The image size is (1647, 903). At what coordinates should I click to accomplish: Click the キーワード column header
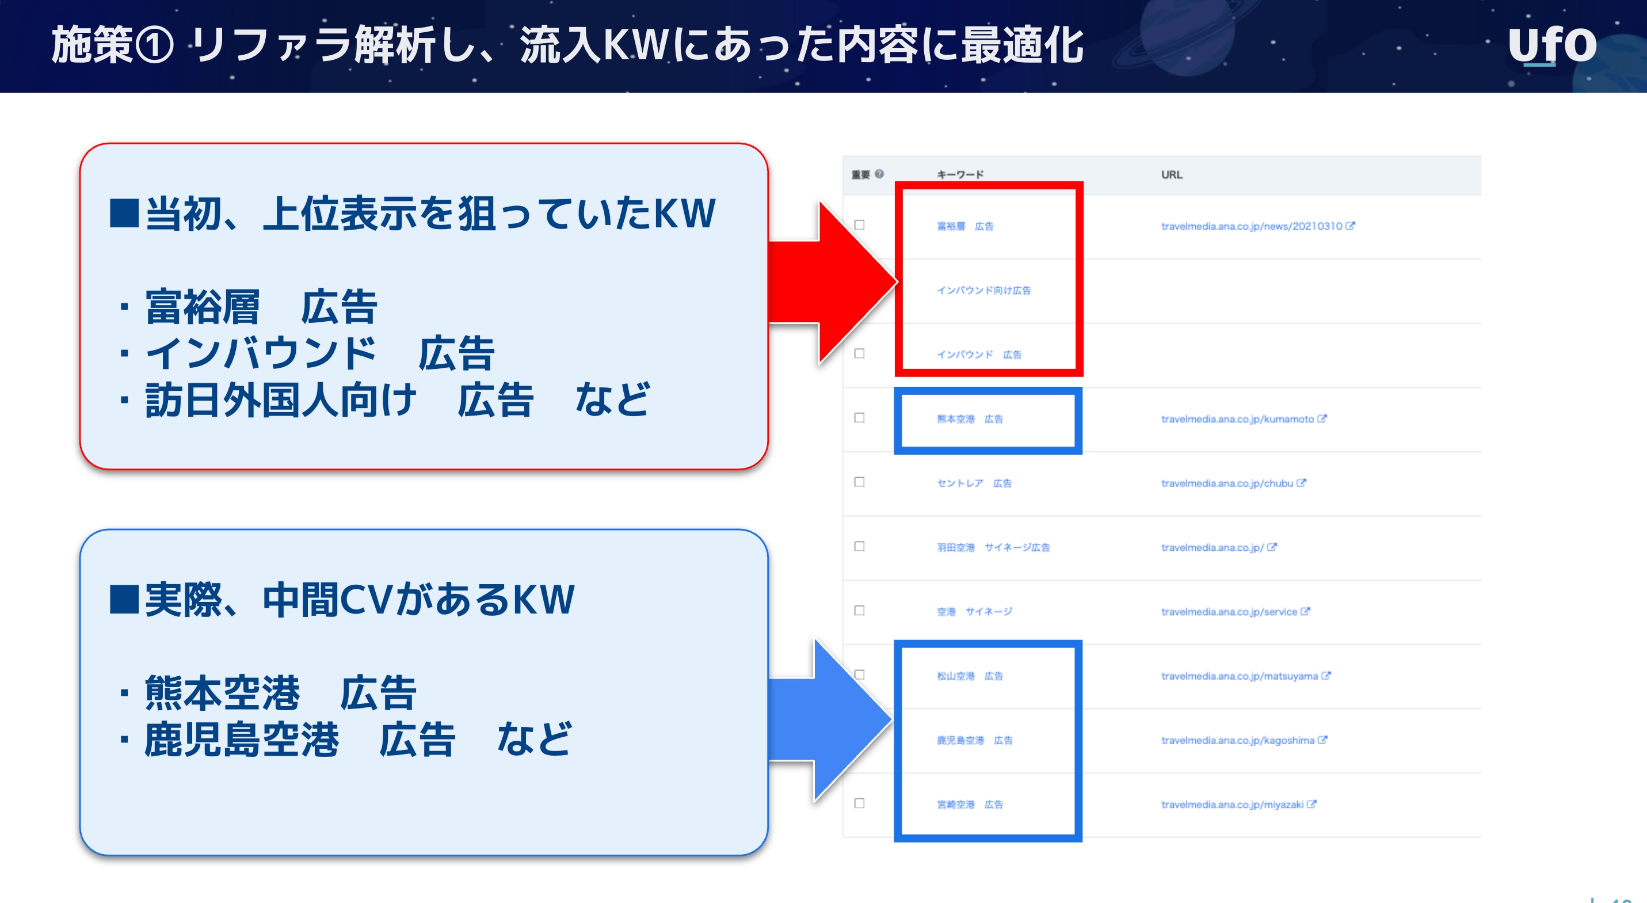coord(960,174)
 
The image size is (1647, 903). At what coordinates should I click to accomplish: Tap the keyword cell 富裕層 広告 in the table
coord(965,226)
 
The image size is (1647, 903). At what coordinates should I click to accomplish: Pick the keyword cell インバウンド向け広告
coord(983,290)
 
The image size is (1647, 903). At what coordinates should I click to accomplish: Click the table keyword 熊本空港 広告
coord(969,419)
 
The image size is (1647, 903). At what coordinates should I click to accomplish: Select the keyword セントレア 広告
coord(974,483)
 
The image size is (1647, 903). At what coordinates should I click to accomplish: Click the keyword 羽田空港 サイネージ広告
coord(993,547)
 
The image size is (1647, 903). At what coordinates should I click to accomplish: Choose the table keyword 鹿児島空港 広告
coord(974,740)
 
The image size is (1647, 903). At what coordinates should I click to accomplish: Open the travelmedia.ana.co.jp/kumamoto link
coord(1237,419)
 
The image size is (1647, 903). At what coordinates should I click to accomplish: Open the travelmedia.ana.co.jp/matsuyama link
coord(1239,676)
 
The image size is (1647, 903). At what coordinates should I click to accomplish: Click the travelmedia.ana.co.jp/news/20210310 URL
coord(1251,226)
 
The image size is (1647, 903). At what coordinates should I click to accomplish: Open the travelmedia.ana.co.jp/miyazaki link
coord(1232,805)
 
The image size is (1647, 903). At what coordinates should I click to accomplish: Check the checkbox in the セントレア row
coord(859,482)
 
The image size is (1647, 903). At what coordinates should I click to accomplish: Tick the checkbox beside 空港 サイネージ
coord(859,611)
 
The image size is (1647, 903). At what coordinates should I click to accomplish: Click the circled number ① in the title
coord(154,46)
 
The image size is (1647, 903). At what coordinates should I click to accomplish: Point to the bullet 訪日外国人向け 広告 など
coord(396,401)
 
